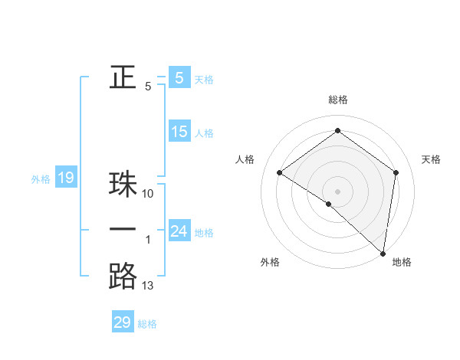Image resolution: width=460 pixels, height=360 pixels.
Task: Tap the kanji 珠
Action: click(123, 185)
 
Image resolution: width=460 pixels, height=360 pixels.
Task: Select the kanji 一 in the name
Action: click(123, 230)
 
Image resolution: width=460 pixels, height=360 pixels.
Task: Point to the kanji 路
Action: click(123, 276)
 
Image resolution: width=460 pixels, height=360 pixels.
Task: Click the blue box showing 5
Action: click(179, 77)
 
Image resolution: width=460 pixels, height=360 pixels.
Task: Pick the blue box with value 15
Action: click(179, 131)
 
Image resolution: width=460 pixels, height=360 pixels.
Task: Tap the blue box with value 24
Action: click(179, 231)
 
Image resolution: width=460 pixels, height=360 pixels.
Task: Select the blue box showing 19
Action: click(65, 178)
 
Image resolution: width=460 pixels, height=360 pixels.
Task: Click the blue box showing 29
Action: click(122, 322)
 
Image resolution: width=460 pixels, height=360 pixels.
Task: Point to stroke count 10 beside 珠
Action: click(149, 194)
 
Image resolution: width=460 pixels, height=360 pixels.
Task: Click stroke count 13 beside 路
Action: click(148, 286)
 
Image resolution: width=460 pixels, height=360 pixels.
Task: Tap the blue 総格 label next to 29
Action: click(147, 324)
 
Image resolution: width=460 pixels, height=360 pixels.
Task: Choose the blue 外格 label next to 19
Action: click(41, 179)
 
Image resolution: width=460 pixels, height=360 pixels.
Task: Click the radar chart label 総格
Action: click(337, 100)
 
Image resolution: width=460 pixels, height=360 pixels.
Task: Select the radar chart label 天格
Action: click(431, 159)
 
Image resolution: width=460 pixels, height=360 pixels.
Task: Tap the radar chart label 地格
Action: click(402, 262)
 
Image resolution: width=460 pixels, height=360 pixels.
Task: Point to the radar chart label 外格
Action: click(270, 262)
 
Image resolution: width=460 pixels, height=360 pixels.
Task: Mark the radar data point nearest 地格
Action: click(383, 253)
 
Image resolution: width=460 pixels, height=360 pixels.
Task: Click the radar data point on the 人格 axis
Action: click(279, 172)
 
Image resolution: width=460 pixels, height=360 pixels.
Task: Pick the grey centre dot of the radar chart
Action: click(337, 191)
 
